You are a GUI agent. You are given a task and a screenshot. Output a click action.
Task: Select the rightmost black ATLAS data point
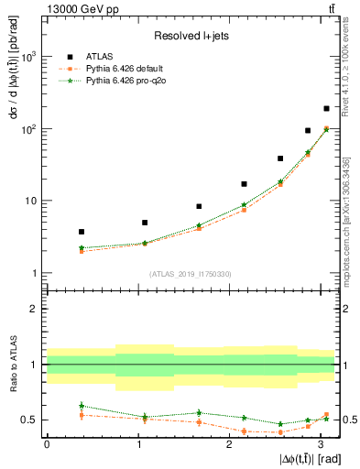click(326, 108)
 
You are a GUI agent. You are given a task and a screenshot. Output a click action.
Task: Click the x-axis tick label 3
click(321, 443)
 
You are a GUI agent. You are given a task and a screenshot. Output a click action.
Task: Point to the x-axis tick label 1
click(137, 443)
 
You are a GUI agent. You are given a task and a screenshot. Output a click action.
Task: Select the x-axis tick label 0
click(47, 443)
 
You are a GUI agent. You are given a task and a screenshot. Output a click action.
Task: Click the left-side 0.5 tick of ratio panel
click(30, 420)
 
